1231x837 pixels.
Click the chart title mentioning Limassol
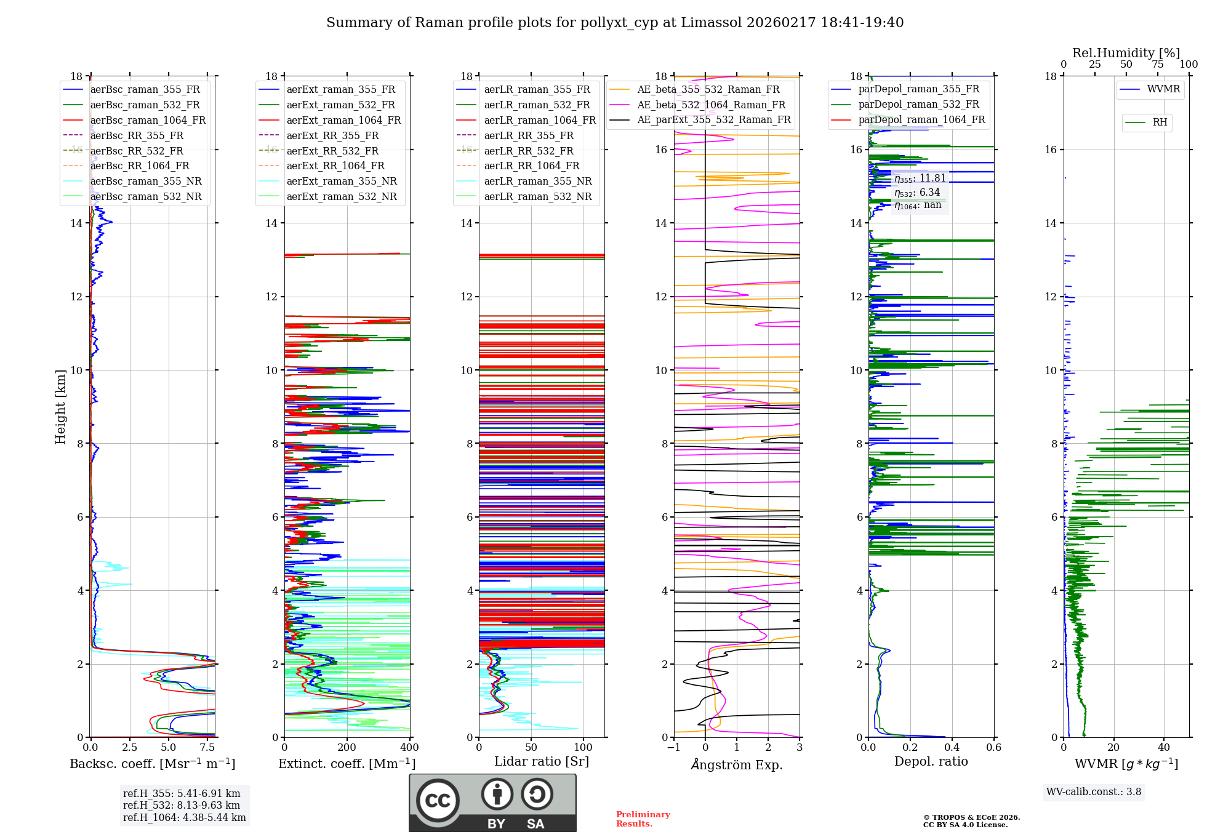click(x=614, y=23)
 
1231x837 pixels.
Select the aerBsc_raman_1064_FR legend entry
click(x=148, y=120)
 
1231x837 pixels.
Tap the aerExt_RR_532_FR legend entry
click(x=332, y=151)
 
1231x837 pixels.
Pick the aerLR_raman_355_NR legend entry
click(x=537, y=181)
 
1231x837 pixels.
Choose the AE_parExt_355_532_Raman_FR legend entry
click(x=713, y=119)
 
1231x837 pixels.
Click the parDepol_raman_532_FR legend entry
click(x=918, y=105)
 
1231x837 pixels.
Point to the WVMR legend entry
click(x=1163, y=89)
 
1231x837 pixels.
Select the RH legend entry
click(x=1160, y=122)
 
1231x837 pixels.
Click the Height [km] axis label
click(x=60, y=406)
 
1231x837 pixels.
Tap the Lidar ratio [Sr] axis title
click(x=541, y=761)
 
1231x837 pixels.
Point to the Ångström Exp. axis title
click(x=736, y=764)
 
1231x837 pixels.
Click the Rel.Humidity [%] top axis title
click(x=1126, y=53)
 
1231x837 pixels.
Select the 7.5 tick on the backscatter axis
click(x=207, y=748)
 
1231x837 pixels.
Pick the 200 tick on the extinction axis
click(x=347, y=748)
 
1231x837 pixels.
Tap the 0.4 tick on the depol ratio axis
click(x=952, y=748)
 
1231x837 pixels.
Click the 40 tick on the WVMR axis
click(x=1163, y=748)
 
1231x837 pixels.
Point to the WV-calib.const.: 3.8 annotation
click(x=1093, y=792)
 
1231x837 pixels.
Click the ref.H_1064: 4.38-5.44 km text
click(x=184, y=818)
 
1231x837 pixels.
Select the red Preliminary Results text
click(x=643, y=819)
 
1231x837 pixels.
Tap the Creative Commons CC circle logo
click(x=438, y=801)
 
